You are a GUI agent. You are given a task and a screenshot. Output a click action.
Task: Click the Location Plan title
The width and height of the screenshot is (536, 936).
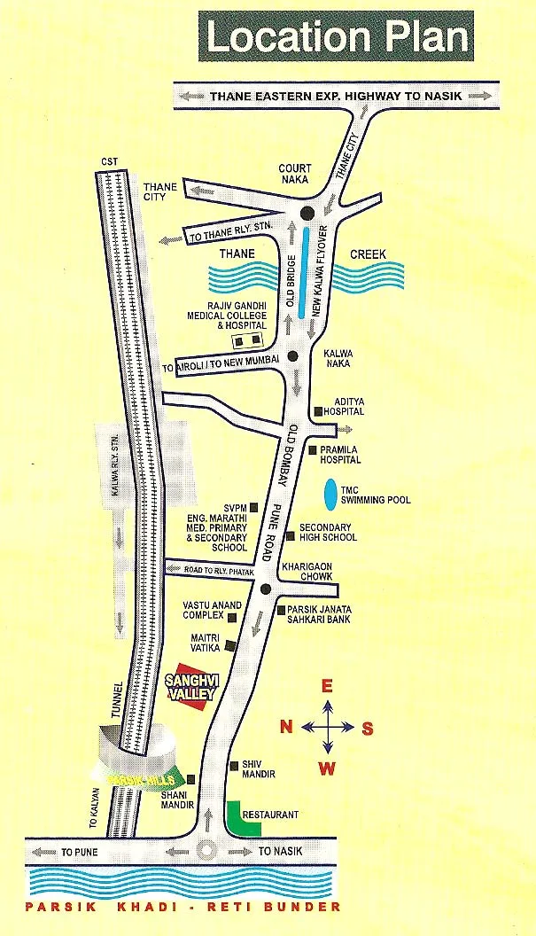point(338,38)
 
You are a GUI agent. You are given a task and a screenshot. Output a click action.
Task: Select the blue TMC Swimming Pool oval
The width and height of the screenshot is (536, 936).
point(330,495)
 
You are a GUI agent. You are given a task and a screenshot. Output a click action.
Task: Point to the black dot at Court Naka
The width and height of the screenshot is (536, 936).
point(307,213)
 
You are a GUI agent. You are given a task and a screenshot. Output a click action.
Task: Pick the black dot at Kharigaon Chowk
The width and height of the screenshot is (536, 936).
point(265,588)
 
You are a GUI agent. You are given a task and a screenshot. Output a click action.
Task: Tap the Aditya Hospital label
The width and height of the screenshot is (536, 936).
point(345,406)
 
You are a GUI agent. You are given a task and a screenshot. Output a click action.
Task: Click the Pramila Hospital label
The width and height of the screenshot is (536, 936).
point(341,455)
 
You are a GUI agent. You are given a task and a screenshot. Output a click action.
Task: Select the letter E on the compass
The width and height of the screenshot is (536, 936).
point(325,685)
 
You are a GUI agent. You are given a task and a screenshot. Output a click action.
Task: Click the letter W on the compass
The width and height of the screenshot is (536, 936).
point(327,768)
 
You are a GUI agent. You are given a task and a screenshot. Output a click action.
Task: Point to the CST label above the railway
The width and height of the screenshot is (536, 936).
point(110,160)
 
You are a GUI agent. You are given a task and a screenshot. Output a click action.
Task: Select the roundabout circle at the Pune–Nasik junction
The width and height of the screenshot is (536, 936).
point(208,850)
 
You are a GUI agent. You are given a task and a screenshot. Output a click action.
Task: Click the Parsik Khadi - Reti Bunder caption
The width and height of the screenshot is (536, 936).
point(183,907)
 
